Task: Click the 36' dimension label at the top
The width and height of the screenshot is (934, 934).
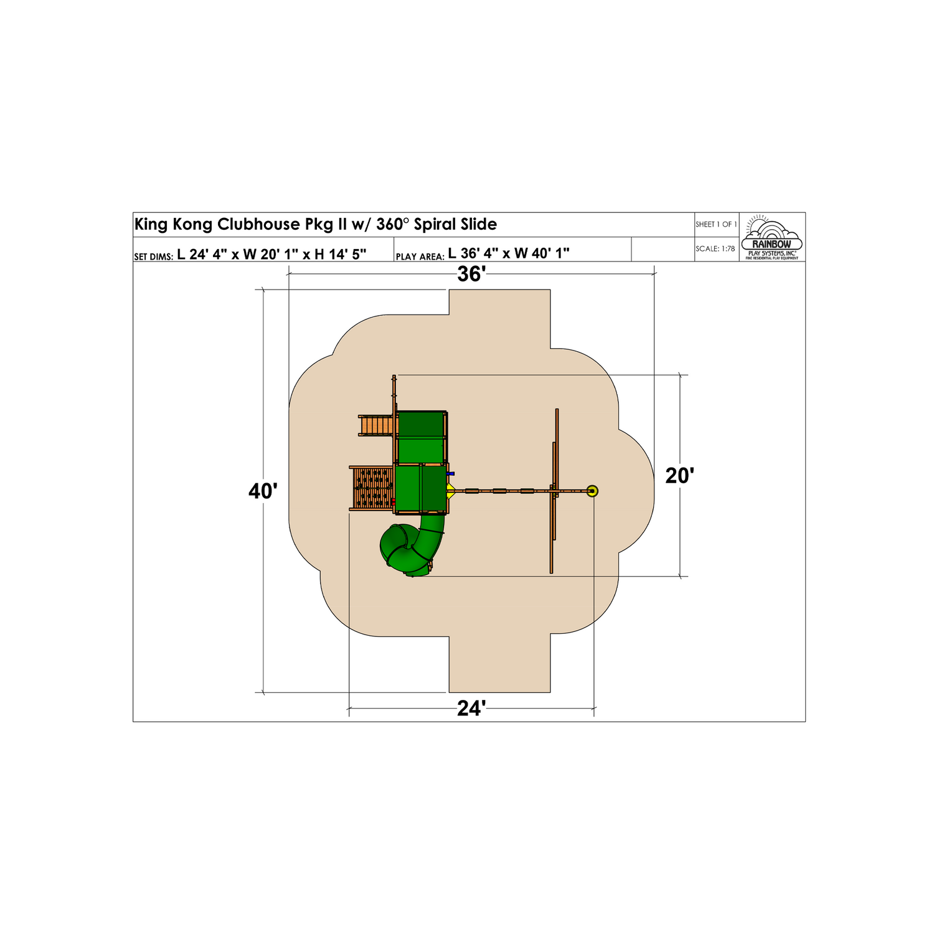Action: (x=471, y=275)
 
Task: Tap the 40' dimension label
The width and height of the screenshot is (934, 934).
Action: (x=263, y=491)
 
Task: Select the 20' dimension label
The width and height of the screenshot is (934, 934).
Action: (x=679, y=476)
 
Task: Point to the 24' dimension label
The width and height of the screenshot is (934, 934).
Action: (x=471, y=709)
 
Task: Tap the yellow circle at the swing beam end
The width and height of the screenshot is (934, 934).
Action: (x=592, y=491)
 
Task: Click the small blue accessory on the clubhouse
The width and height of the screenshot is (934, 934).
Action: (x=451, y=474)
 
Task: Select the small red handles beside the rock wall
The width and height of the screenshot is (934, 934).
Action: (x=393, y=501)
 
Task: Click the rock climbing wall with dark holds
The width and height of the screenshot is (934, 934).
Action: (x=372, y=488)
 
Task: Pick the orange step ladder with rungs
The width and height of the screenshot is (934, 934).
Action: (x=376, y=425)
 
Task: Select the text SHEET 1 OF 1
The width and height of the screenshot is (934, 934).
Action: (x=716, y=224)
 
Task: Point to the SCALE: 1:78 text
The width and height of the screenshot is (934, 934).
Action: (x=715, y=248)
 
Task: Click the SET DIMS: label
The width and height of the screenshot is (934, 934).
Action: (x=153, y=257)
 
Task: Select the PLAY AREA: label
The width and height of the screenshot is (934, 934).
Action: (x=420, y=257)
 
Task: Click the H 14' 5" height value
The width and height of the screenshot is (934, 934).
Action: (x=340, y=254)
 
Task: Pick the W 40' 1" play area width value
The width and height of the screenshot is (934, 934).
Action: (x=541, y=253)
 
